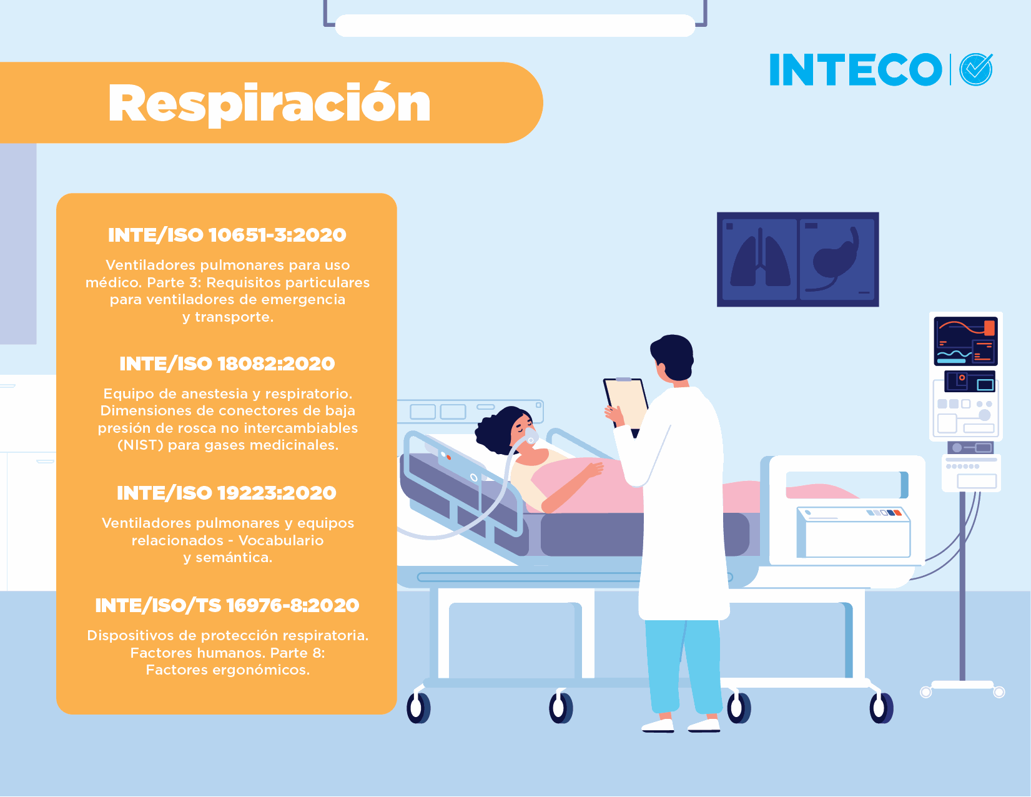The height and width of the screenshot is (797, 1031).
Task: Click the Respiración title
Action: click(269, 104)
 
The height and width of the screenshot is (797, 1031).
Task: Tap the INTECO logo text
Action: click(856, 69)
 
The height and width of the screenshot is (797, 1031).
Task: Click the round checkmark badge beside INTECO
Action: click(976, 69)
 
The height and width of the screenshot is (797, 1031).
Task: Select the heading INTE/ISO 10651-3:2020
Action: click(227, 235)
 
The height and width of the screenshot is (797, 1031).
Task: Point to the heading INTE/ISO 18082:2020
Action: click(227, 364)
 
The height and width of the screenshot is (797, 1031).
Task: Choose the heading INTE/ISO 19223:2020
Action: click(227, 492)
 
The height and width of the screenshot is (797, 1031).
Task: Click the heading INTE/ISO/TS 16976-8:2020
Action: click(227, 605)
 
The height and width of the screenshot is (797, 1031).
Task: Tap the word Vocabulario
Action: click(281, 540)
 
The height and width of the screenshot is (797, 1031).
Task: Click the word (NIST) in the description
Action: click(141, 445)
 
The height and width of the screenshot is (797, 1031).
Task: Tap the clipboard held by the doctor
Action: click(626, 404)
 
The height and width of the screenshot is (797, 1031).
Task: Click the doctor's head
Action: click(673, 357)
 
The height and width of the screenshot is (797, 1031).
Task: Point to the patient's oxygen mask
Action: click(530, 435)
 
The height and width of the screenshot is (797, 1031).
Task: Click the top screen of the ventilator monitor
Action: click(965, 341)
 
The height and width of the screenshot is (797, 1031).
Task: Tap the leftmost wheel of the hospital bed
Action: click(418, 707)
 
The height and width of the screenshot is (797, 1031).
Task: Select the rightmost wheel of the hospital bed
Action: click(881, 707)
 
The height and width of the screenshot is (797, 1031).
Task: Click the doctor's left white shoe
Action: click(658, 725)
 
